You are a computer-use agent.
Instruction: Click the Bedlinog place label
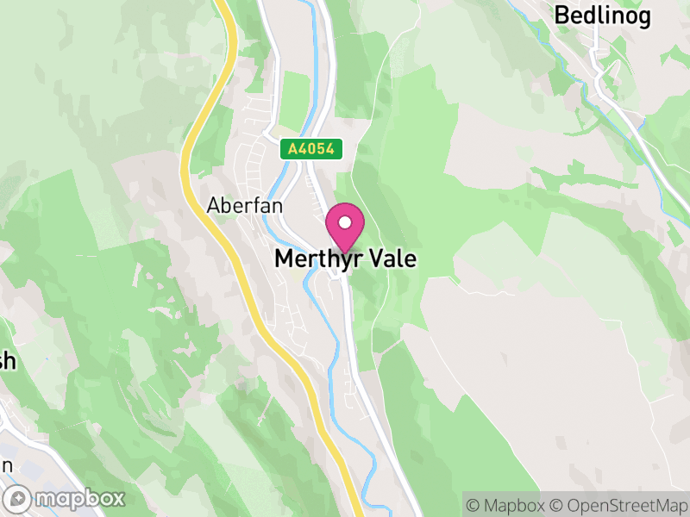click(601, 15)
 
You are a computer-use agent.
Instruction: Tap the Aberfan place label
click(233, 207)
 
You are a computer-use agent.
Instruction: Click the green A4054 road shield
click(311, 149)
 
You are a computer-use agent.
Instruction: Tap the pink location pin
click(345, 227)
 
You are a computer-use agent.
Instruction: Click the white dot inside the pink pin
click(345, 223)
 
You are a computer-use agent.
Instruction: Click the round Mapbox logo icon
click(19, 498)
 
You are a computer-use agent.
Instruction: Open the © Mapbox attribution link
click(510, 505)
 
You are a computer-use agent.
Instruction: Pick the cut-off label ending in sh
click(7, 362)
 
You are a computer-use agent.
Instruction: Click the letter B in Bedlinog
click(561, 15)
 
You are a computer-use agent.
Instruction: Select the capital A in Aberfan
click(214, 207)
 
